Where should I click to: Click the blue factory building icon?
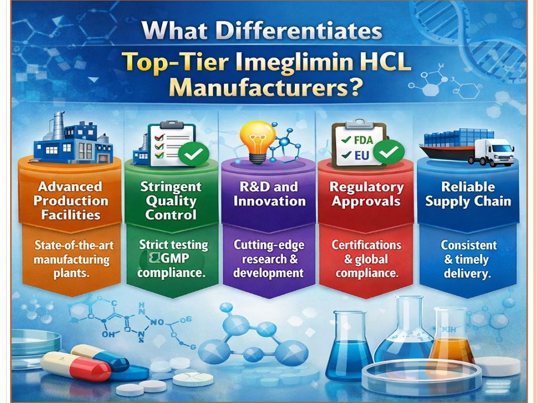[x=73, y=138]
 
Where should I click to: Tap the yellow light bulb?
[x=257, y=142]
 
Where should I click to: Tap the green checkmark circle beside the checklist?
[x=194, y=154]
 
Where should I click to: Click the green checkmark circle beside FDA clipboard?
[x=388, y=152]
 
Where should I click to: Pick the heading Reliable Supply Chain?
[x=468, y=194]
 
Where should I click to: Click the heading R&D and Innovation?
[x=269, y=194]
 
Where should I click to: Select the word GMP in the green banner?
[x=175, y=259]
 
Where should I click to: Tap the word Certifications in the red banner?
[x=366, y=245]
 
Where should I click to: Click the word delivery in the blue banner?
[x=468, y=274]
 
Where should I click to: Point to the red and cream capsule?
[x=76, y=367]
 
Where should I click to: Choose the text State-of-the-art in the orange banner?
[x=74, y=245]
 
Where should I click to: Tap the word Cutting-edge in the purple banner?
[x=269, y=245]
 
